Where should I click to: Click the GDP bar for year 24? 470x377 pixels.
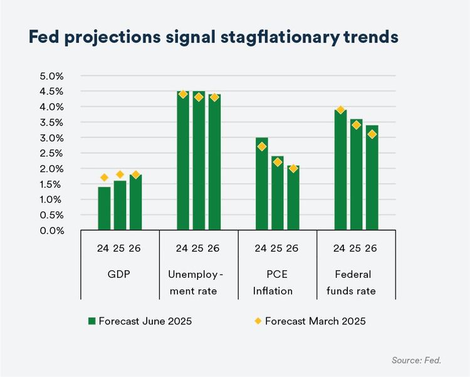click(x=104, y=208)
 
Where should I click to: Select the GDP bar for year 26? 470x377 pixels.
click(x=135, y=202)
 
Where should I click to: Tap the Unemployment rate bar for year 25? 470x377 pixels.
click(x=199, y=161)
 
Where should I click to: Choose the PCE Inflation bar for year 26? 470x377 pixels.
click(x=293, y=198)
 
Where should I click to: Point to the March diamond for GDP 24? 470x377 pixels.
click(x=104, y=178)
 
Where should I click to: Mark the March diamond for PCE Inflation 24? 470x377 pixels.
click(x=261, y=147)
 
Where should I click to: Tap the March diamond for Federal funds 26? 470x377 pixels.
click(x=372, y=134)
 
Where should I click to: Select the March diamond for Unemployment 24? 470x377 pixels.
click(x=183, y=94)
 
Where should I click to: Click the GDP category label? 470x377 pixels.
click(x=120, y=275)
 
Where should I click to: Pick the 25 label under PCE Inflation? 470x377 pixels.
click(x=277, y=248)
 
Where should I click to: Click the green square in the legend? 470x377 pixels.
click(x=91, y=321)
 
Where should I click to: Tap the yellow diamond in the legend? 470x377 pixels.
click(x=257, y=321)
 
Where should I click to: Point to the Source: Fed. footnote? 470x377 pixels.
click(x=417, y=361)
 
